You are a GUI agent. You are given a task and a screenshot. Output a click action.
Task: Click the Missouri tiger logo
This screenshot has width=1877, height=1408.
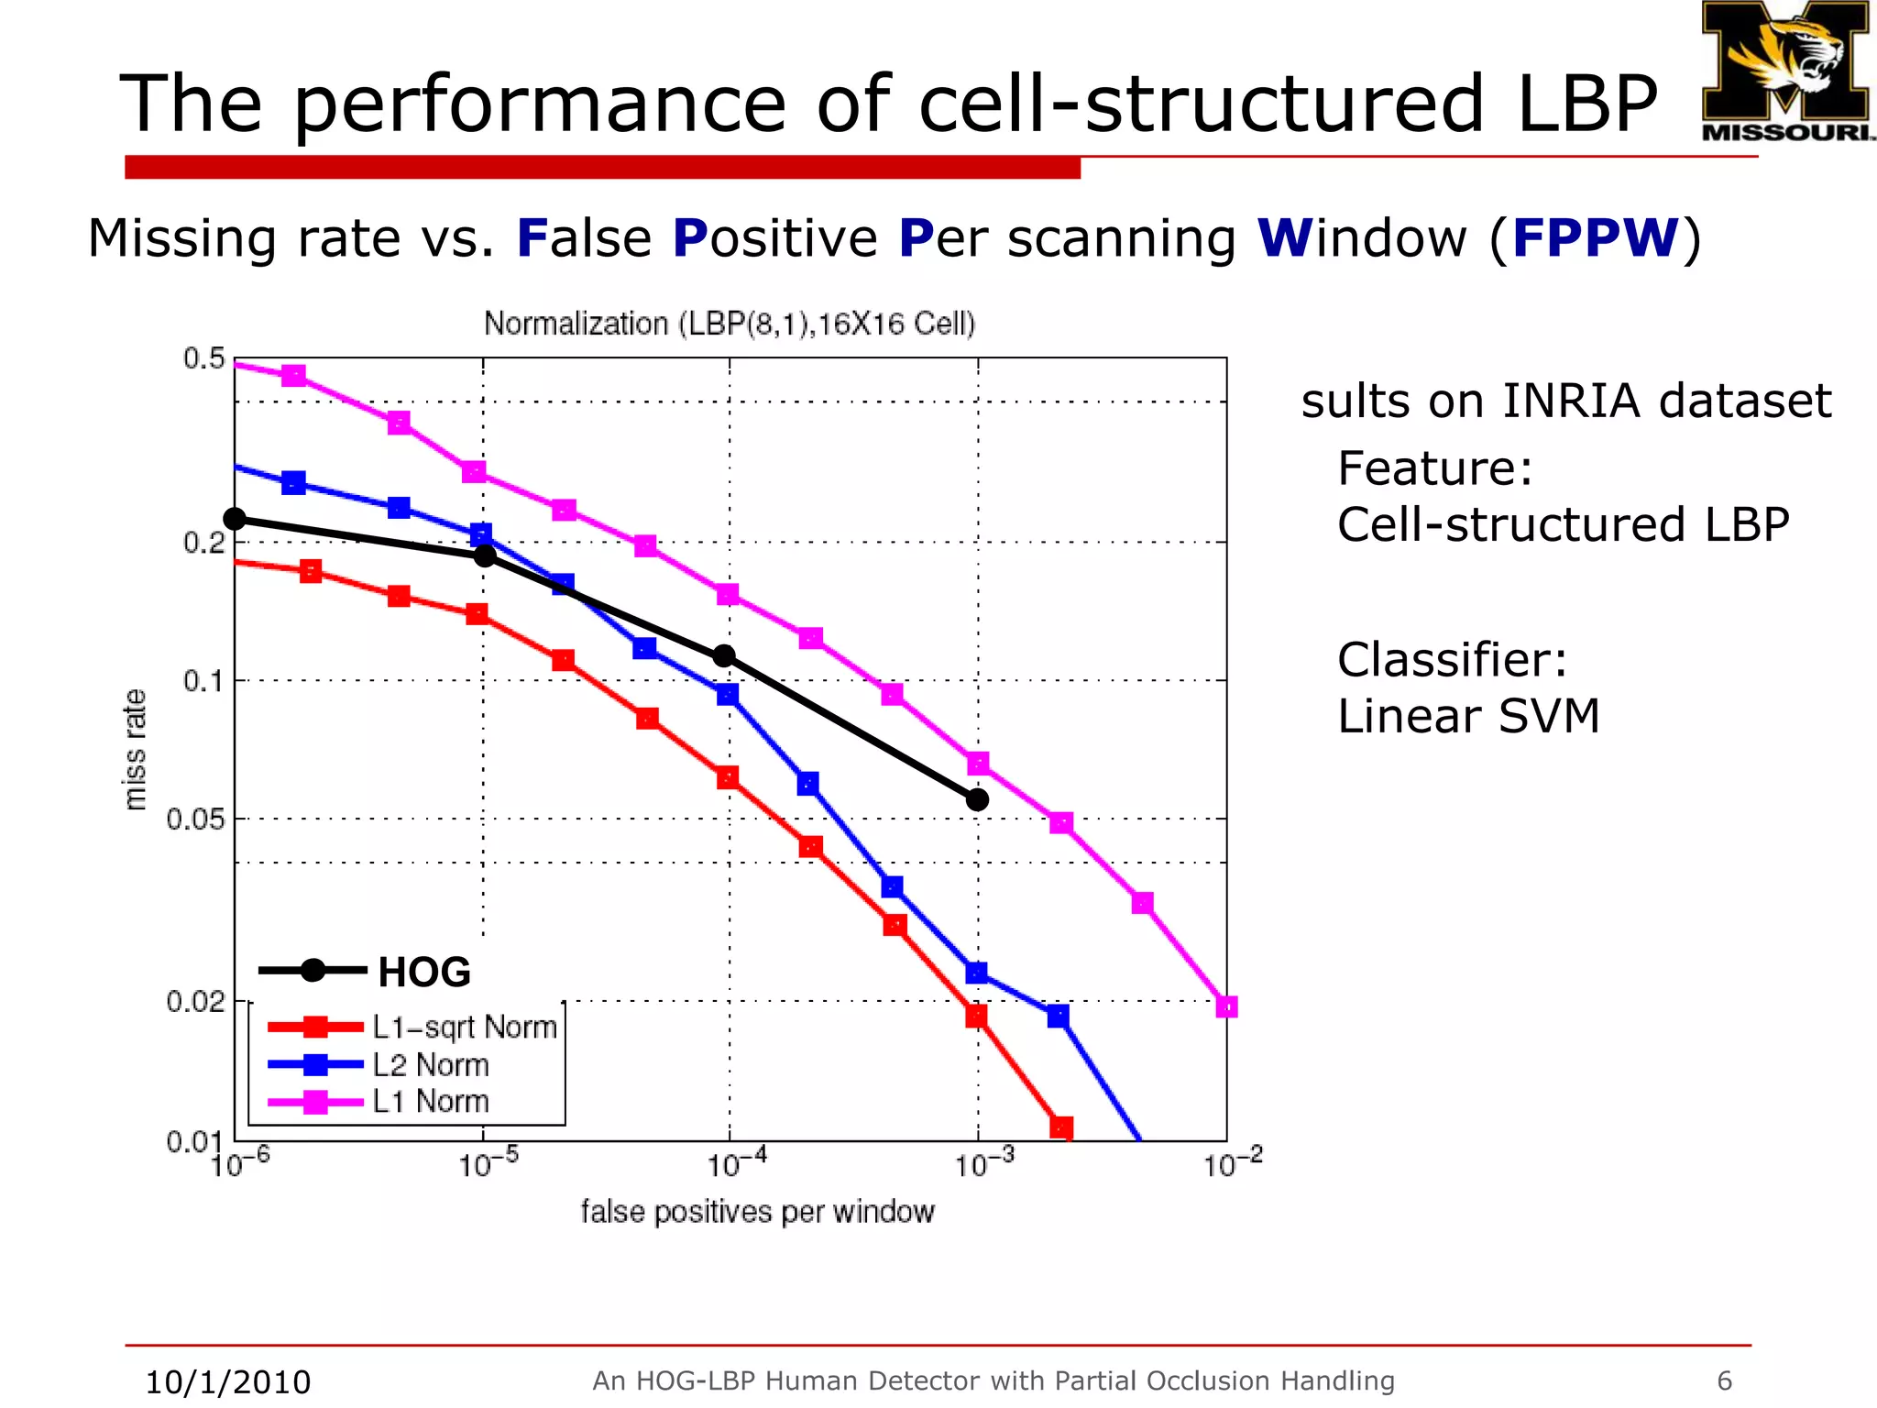(1785, 71)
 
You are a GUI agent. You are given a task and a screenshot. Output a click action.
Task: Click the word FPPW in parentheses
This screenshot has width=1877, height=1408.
(1596, 238)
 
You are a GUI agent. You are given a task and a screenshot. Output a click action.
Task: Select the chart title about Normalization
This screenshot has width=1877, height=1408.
(730, 324)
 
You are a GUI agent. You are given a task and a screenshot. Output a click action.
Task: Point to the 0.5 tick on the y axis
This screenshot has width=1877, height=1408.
(203, 358)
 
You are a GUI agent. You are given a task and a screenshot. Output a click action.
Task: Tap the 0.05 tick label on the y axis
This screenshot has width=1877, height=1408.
(194, 819)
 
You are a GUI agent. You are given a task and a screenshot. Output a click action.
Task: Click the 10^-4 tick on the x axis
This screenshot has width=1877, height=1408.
(736, 1165)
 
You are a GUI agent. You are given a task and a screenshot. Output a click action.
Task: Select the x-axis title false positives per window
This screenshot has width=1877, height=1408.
(757, 1212)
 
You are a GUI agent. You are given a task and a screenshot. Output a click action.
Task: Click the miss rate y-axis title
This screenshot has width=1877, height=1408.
(135, 750)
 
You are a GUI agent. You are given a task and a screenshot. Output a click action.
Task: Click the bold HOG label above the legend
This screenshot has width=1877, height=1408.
(424, 972)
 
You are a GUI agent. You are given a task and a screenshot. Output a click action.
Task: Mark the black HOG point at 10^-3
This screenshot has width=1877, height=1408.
(978, 799)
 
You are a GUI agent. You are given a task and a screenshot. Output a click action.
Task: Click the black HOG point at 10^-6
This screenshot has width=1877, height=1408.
(235, 519)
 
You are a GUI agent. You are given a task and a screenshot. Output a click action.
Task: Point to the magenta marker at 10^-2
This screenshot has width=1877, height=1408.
(1226, 1006)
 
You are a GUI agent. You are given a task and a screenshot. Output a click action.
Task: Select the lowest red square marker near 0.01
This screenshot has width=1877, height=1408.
(1061, 1127)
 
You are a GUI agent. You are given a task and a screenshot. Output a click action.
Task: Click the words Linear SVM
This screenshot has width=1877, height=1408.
(1468, 716)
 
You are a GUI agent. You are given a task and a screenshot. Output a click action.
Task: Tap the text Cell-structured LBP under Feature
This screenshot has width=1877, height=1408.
(1563, 525)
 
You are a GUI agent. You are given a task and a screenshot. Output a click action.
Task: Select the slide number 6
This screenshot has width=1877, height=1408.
(1724, 1380)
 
